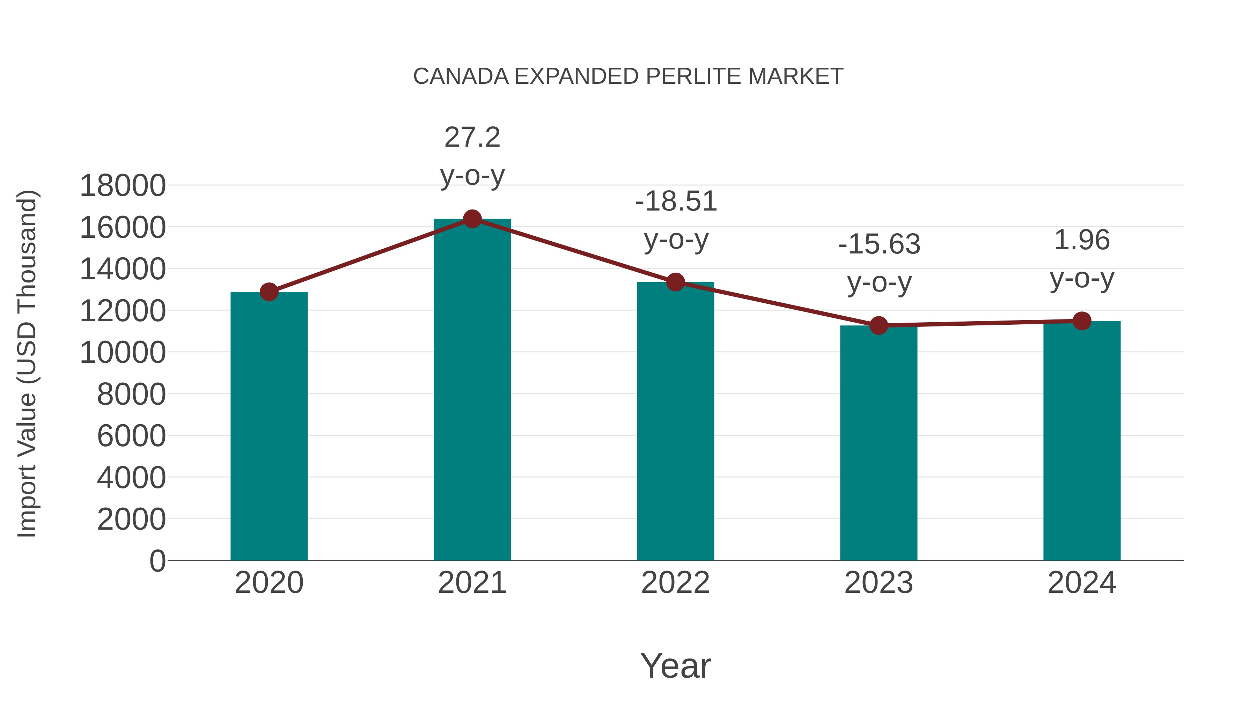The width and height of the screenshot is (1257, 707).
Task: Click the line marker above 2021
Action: (x=472, y=219)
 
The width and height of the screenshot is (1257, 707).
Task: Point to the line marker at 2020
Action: (x=269, y=292)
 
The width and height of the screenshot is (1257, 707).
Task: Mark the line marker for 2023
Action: (x=879, y=325)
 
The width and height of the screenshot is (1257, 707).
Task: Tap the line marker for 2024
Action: (x=1082, y=321)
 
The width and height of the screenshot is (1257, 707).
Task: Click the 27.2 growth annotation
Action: (x=472, y=138)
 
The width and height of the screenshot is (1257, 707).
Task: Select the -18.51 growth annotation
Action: (x=676, y=201)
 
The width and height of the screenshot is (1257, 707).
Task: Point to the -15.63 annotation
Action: (x=879, y=244)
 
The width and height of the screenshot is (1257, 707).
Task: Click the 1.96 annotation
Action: (x=1082, y=241)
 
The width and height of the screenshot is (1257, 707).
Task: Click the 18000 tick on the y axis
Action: (x=123, y=186)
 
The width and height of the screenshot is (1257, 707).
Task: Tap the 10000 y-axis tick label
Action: (x=123, y=352)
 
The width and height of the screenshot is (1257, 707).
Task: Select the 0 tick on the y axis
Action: (x=157, y=561)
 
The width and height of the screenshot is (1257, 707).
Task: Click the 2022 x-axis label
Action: (x=675, y=583)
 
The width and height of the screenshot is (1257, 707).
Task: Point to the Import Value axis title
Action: (x=27, y=363)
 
